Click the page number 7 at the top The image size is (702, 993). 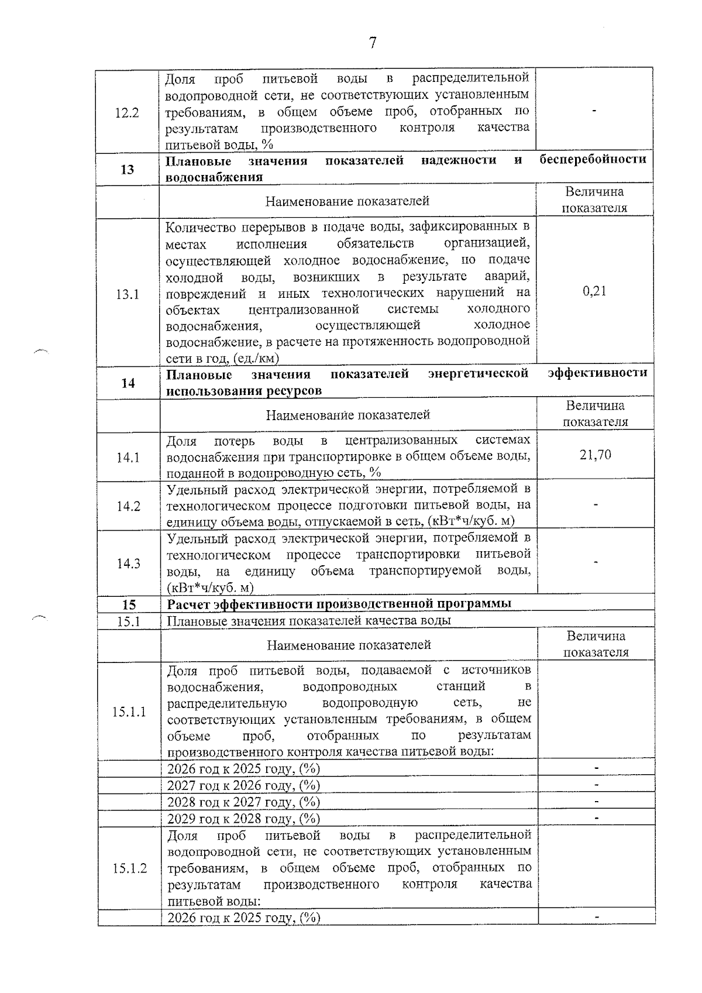[373, 43]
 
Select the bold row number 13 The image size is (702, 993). [127, 170]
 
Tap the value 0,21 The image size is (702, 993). [594, 291]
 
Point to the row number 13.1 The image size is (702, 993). [127, 294]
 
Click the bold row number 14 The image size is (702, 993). [128, 383]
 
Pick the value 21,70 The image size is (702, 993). [595, 455]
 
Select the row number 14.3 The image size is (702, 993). [128, 563]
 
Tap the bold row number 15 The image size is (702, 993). [128, 604]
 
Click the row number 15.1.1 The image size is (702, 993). [129, 712]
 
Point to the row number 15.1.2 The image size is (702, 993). [129, 868]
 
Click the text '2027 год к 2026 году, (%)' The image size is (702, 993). [243, 785]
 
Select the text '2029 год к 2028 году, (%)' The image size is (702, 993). [243, 818]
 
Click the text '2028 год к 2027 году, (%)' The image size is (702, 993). [243, 802]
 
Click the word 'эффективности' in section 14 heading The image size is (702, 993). [597, 373]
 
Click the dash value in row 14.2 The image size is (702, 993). [595, 503]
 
